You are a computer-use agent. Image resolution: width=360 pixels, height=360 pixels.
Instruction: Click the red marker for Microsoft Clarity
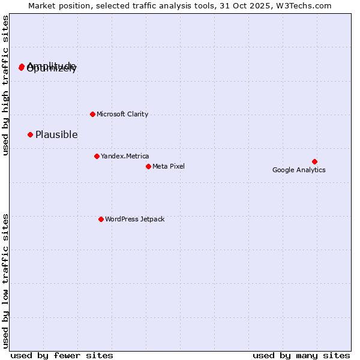point(92,114)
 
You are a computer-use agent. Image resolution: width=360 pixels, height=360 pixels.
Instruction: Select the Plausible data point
point(30,134)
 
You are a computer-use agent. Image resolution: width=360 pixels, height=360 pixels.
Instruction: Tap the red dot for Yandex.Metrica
point(97,156)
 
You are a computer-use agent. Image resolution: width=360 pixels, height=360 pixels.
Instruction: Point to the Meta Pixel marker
point(148,166)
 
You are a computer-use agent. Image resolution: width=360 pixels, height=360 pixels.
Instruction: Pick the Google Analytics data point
point(314,161)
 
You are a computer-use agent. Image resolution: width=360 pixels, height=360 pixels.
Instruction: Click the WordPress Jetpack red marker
point(101,219)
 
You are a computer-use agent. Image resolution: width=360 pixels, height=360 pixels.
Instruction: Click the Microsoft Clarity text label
point(122,114)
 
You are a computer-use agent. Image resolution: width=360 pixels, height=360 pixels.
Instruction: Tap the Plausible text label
point(56,134)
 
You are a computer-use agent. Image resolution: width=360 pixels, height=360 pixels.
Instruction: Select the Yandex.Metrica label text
point(125,156)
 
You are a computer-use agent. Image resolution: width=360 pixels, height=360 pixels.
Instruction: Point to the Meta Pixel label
point(169,166)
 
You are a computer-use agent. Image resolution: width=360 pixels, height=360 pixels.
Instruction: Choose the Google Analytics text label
point(299,170)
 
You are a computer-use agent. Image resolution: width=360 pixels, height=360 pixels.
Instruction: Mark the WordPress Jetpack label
point(134,219)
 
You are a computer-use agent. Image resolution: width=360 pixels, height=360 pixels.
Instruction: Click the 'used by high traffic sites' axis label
point(5,86)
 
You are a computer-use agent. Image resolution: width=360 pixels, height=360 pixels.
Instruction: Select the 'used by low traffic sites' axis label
point(5,280)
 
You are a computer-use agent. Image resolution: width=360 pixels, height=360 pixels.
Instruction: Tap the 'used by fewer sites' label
point(62,355)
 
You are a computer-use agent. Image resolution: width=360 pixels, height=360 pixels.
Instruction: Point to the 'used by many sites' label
point(301,355)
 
